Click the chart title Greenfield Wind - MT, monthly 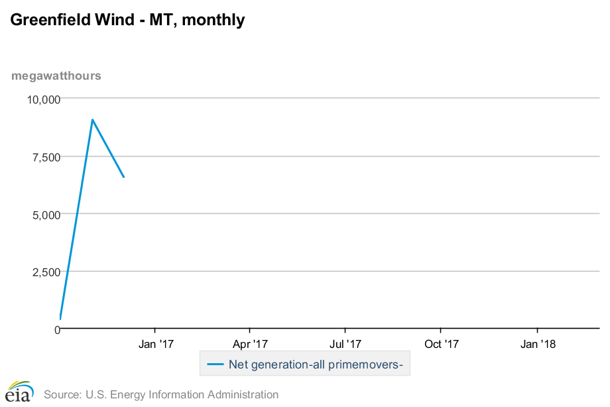coord(127,21)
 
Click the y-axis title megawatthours coord(56,76)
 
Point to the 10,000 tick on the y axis coord(43,100)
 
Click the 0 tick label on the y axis coord(57,329)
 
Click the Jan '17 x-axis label coord(155,344)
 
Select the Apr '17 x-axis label coord(250,344)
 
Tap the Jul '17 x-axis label coord(345,344)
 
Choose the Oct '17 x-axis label coord(441,344)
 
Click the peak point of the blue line coord(92,120)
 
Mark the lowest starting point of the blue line coord(60,319)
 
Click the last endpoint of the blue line coord(124,177)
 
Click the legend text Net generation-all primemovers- coord(316,364)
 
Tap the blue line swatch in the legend coord(215,364)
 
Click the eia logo coord(19,392)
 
